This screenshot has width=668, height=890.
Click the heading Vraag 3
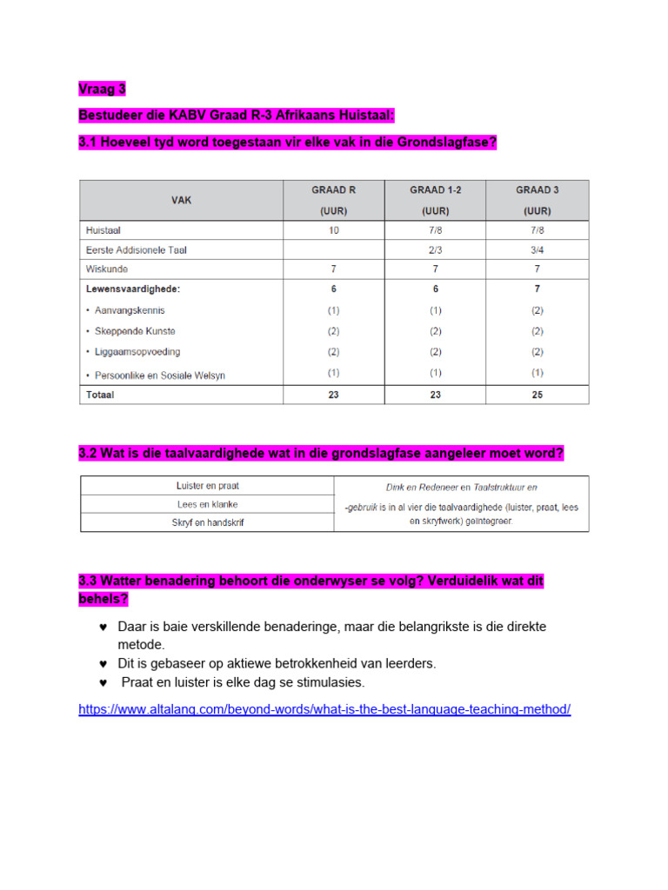tap(102, 89)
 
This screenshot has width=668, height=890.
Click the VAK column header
tap(182, 200)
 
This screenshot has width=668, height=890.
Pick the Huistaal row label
tap(104, 230)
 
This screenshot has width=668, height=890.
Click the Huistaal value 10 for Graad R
tap(333, 230)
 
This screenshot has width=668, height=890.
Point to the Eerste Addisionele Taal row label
tap(137, 249)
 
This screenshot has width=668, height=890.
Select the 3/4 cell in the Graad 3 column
tap(537, 249)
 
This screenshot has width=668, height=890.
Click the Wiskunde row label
tap(106, 269)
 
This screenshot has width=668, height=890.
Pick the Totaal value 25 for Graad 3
tap(537, 394)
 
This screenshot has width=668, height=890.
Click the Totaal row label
tap(100, 394)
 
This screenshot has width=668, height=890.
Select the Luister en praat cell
tap(207, 486)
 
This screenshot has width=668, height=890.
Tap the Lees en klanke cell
tap(207, 504)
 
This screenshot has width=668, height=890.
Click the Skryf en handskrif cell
tap(207, 521)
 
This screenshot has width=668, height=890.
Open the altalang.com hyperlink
tap(324, 709)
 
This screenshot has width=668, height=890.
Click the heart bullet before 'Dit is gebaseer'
tap(104, 664)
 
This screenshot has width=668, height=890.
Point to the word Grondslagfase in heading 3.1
tap(442, 143)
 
